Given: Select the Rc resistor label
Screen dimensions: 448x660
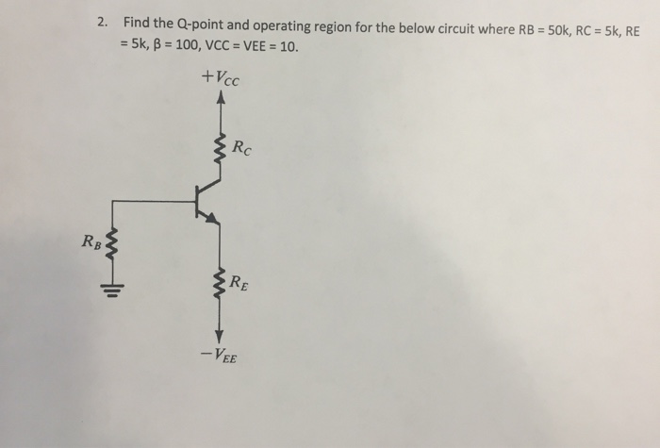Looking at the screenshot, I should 242,147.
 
